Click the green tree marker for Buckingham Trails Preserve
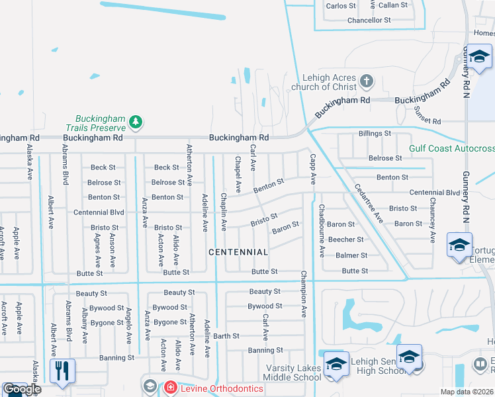click(136, 122)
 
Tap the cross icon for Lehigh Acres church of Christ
click(367, 83)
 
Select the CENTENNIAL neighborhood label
click(238, 252)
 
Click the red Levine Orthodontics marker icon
click(171, 386)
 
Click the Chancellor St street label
click(369, 21)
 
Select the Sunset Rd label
click(427, 122)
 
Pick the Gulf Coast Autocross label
click(451, 149)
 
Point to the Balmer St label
click(351, 255)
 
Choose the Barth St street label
click(226, 336)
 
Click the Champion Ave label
click(304, 294)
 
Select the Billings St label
click(375, 134)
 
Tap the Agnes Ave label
click(97, 244)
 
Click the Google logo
click(22, 389)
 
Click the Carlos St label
click(341, 5)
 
